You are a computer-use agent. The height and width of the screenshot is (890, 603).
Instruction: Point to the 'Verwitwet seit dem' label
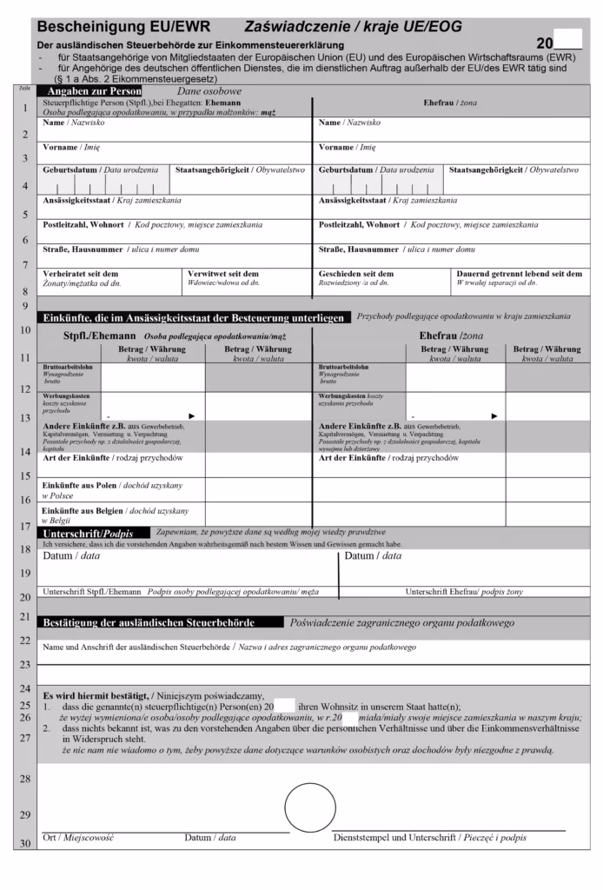pyautogui.click(x=223, y=273)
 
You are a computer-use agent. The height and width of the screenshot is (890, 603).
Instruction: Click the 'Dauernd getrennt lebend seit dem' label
pyautogui.click(x=520, y=273)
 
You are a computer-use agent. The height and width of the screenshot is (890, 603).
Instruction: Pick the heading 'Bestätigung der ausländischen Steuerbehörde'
pyautogui.click(x=149, y=622)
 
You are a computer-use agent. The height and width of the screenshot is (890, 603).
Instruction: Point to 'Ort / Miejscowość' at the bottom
pyautogui.click(x=78, y=838)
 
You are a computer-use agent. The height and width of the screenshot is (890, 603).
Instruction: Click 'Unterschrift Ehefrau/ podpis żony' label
pyautogui.click(x=464, y=592)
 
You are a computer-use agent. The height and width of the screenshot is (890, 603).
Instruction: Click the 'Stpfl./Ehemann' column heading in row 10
pyautogui.click(x=100, y=335)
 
